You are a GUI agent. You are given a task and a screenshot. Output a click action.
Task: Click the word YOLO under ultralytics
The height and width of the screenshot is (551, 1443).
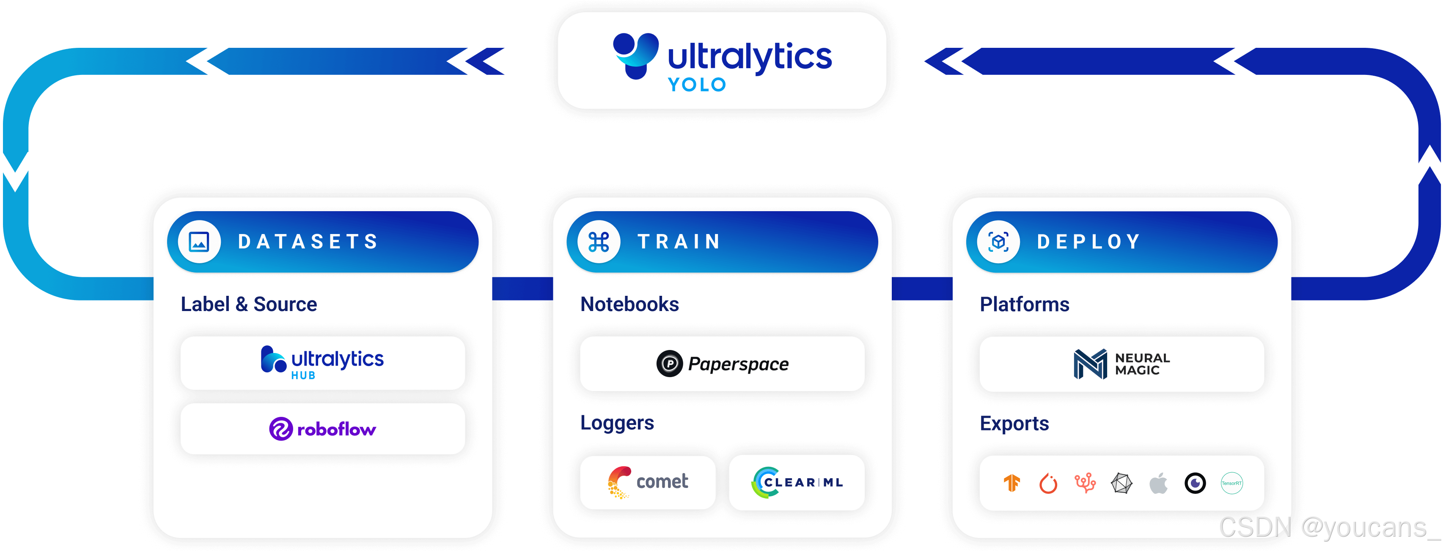pyautogui.click(x=697, y=85)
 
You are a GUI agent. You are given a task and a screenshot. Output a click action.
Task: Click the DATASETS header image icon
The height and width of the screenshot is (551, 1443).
pyautogui.click(x=199, y=242)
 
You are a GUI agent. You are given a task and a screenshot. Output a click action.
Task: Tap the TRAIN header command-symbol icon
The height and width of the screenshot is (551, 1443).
pyautogui.click(x=599, y=242)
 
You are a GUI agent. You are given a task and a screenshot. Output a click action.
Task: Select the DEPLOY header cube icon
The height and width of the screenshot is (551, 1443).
pyautogui.click(x=998, y=242)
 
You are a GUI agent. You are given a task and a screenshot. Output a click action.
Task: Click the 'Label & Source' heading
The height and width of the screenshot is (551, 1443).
pyautogui.click(x=249, y=304)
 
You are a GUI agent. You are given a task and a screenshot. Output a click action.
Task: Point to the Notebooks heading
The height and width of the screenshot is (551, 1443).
pyautogui.click(x=629, y=304)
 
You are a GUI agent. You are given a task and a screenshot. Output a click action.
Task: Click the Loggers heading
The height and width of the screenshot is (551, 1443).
pyautogui.click(x=617, y=423)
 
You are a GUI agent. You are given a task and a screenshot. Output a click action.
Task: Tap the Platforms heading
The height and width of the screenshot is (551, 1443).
pyautogui.click(x=1024, y=304)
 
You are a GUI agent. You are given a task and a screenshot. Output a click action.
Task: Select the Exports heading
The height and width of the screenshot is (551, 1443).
pyautogui.click(x=1014, y=423)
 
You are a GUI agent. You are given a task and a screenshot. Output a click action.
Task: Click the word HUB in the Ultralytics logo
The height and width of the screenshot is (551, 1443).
pyautogui.click(x=303, y=375)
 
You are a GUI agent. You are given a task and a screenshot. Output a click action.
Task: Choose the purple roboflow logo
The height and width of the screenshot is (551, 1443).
pyautogui.click(x=323, y=429)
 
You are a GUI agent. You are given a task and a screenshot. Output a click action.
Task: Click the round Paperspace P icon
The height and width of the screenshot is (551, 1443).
pyautogui.click(x=669, y=364)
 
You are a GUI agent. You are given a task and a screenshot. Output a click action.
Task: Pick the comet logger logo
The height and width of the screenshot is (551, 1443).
pyautogui.click(x=648, y=482)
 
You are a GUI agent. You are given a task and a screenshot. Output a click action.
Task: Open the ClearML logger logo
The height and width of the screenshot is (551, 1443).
pyautogui.click(x=797, y=482)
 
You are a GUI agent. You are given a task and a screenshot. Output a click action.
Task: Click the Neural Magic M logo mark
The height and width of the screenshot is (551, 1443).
pyautogui.click(x=1090, y=364)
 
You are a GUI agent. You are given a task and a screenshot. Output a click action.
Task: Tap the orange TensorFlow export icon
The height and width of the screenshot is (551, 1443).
pyautogui.click(x=1011, y=482)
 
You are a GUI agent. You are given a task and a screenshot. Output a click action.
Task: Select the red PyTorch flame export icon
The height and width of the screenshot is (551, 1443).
pyautogui.click(x=1048, y=482)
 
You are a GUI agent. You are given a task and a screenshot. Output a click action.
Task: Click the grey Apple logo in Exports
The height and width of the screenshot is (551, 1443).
pyautogui.click(x=1158, y=482)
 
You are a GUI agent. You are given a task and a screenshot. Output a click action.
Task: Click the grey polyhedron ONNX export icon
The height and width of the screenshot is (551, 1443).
pyautogui.click(x=1121, y=482)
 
